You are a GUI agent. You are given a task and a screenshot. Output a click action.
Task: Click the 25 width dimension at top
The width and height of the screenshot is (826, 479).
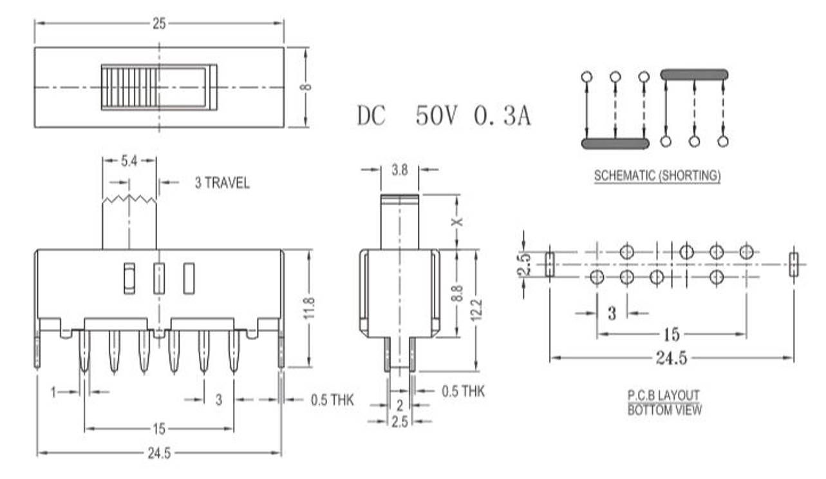point(159,24)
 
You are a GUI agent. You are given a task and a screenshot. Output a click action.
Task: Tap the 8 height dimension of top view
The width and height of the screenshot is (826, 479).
point(308,86)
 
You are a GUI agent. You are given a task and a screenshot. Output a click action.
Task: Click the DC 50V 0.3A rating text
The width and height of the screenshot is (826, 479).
point(444,116)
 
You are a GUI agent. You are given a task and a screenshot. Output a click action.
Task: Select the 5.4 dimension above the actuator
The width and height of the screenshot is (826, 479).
point(129,161)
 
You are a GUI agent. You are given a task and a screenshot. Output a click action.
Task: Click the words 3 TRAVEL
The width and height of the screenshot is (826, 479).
point(222,183)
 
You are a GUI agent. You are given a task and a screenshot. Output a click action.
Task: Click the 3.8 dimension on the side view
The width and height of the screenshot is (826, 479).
point(399,170)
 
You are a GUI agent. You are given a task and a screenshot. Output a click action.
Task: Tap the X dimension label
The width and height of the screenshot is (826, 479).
point(458,221)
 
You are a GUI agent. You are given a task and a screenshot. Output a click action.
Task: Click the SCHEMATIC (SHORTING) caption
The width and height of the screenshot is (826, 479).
point(657,175)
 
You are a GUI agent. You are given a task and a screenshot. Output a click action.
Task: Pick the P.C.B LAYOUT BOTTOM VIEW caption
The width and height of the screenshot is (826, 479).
point(664,402)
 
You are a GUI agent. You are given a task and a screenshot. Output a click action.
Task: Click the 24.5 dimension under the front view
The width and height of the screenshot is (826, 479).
point(159,453)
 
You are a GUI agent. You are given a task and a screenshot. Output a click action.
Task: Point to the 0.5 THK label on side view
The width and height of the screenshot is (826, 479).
point(463,391)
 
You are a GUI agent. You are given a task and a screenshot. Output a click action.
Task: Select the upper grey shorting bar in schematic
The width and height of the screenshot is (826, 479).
point(694,75)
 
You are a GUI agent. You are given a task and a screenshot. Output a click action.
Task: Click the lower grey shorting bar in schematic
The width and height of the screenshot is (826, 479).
point(615,144)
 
